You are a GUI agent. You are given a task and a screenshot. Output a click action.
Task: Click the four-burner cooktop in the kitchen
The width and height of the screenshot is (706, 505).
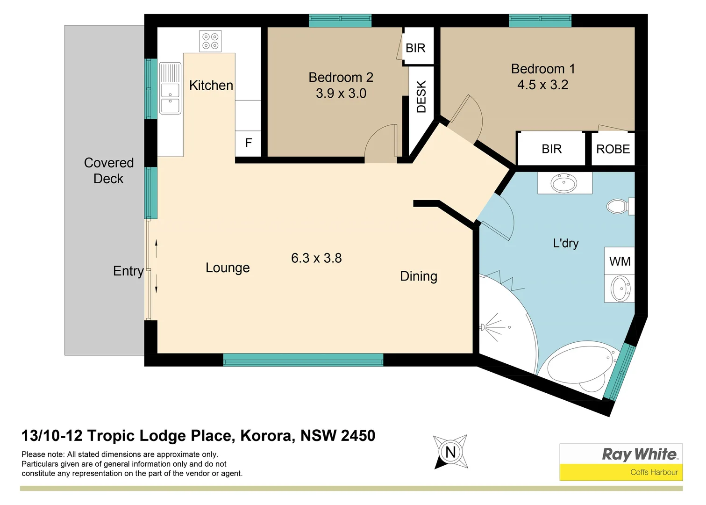tap(210, 41)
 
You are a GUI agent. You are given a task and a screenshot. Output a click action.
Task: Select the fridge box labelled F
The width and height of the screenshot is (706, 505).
tap(249, 143)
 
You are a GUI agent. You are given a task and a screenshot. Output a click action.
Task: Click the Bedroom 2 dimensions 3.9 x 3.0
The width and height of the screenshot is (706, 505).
tap(341, 94)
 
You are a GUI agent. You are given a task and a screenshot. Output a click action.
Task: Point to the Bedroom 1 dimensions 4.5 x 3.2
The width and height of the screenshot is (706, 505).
tap(542, 85)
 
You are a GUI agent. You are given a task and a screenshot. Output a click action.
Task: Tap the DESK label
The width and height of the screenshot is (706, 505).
tap(421, 97)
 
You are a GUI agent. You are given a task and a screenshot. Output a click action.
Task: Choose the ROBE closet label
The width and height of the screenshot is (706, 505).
tap(613, 149)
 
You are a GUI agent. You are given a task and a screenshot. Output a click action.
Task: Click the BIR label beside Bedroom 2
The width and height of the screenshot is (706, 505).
tap(415, 48)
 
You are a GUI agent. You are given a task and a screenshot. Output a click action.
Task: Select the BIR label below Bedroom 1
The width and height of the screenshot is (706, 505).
tap(551, 149)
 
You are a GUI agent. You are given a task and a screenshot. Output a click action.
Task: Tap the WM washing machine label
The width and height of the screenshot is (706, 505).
tap(620, 261)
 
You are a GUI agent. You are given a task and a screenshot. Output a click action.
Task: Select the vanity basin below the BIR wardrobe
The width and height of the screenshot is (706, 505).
tap(564, 183)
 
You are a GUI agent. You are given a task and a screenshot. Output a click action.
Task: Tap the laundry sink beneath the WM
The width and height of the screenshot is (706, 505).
tap(620, 288)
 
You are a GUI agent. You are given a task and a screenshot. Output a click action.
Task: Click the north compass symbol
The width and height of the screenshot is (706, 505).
tap(450, 452)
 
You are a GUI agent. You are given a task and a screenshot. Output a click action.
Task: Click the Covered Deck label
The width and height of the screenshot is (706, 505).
tap(109, 171)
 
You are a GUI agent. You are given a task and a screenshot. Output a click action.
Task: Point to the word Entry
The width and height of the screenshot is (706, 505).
tap(128, 271)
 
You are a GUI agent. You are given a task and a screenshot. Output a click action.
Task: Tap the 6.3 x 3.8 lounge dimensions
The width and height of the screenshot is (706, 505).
tap(316, 258)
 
